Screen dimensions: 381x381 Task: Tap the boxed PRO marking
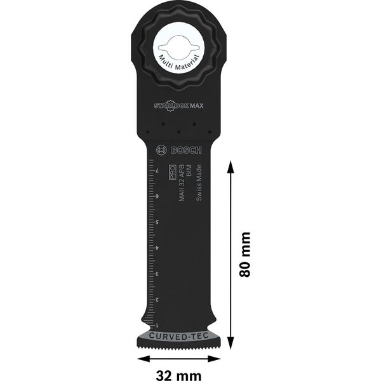pyautogui.click(x=171, y=173)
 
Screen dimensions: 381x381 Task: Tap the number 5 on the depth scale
pyautogui.click(x=157, y=223)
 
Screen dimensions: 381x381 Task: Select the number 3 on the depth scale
pyautogui.click(x=157, y=273)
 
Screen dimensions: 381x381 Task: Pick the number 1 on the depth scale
pyautogui.click(x=157, y=324)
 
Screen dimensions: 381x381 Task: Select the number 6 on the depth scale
pyautogui.click(x=157, y=197)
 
